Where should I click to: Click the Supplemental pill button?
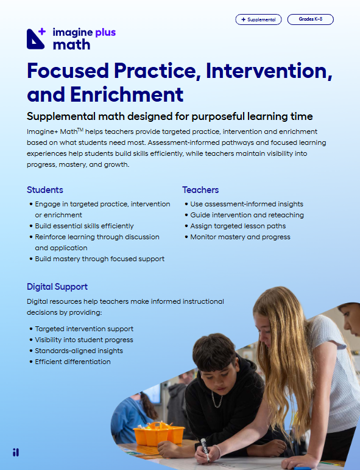258,19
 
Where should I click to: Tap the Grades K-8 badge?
311,19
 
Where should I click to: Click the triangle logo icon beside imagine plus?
36,39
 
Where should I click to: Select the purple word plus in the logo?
105,33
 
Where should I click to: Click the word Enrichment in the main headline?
127,95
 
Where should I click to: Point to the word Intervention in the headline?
269,71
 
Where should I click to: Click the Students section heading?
45,190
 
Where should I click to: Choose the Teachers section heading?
200,190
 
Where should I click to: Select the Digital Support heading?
57,287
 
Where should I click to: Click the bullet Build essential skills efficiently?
84,226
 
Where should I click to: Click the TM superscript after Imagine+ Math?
80,130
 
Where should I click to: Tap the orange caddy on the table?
159,433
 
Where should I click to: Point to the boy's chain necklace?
217,399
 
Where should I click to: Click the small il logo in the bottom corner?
16,452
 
